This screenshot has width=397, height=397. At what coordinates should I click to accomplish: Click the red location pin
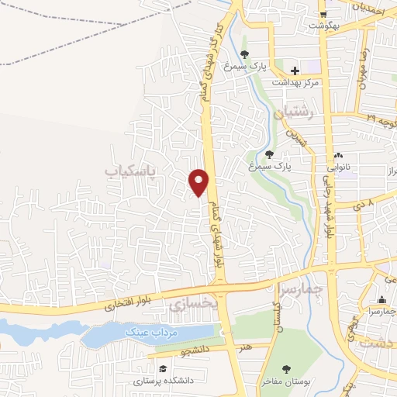coord(199,181)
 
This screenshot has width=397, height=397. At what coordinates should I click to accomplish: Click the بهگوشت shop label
coord(326,26)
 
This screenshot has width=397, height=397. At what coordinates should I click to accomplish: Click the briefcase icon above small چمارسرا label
coord(381,301)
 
